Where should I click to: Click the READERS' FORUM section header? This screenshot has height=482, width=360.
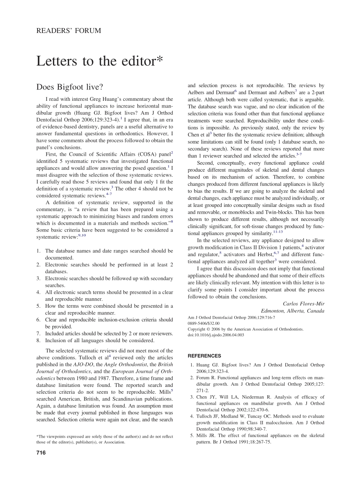(69, 31)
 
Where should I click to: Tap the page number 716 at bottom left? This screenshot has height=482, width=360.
(41, 452)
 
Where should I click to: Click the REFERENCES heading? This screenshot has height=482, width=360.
(205, 356)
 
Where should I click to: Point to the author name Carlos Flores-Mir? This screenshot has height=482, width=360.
(304, 304)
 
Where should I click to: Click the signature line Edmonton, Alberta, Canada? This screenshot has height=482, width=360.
(293, 311)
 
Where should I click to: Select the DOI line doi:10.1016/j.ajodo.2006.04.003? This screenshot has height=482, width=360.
(216, 335)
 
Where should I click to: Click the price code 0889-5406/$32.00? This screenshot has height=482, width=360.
(203, 324)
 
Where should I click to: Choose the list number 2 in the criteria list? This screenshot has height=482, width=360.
(38, 264)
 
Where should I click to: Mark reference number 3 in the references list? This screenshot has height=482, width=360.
(192, 397)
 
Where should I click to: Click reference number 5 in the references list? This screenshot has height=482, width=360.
(192, 435)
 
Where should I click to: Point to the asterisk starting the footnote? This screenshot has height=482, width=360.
(37, 437)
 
